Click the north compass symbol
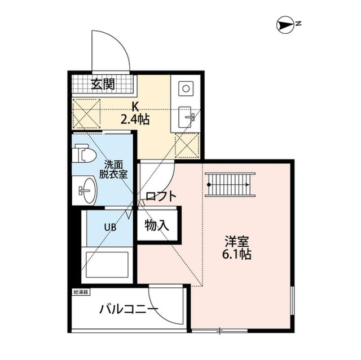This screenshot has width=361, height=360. [x=285, y=25]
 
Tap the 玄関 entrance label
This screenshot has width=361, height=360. [x=103, y=84]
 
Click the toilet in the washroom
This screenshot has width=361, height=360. [x=84, y=153]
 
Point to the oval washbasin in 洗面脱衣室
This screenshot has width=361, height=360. [x=88, y=190]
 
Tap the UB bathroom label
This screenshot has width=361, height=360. [x=111, y=228]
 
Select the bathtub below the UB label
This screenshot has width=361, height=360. [x=107, y=265]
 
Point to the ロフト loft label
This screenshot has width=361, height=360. [x=161, y=196]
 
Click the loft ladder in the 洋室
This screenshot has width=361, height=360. [x=230, y=185]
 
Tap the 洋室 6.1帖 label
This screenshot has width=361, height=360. [x=237, y=247]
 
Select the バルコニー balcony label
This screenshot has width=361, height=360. [x=129, y=309]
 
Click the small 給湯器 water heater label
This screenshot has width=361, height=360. [x=81, y=292]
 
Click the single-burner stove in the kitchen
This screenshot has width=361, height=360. [x=186, y=88]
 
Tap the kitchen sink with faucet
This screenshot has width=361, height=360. [x=187, y=117]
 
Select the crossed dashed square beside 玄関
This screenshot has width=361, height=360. [x=86, y=114]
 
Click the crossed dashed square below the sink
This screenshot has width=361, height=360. [x=187, y=145]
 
